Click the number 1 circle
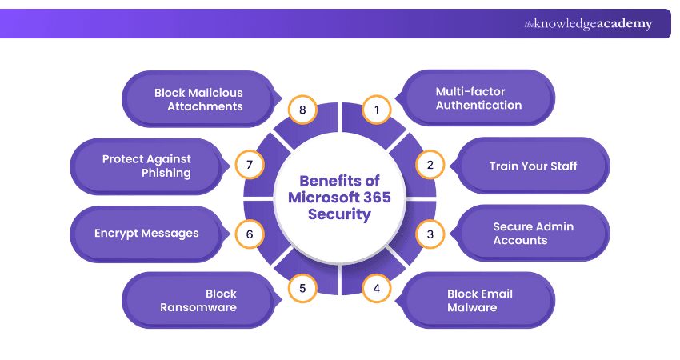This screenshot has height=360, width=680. (377, 109)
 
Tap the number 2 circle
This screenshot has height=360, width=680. (430, 166)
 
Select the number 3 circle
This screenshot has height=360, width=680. (430, 234)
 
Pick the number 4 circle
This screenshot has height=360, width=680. (377, 288)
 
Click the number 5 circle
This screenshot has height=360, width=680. (302, 288)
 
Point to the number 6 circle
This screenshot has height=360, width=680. (250, 234)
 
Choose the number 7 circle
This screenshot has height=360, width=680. (250, 166)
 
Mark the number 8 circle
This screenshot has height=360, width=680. (303, 109)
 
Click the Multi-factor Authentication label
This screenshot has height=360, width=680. (478, 98)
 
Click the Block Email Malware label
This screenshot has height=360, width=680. (479, 300)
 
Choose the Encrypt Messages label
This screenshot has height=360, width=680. (146, 234)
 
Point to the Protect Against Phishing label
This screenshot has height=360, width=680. (146, 166)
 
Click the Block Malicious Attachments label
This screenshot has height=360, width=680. (198, 98)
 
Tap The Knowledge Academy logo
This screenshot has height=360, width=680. (588, 24)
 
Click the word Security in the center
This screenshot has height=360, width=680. (339, 214)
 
